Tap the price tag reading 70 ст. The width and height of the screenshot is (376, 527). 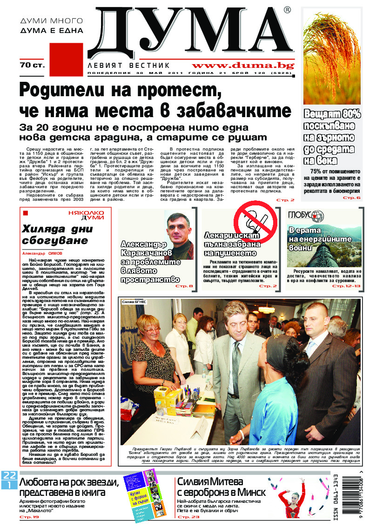32,65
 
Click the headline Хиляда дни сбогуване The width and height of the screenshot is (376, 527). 55,235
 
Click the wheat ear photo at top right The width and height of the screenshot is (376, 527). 332,57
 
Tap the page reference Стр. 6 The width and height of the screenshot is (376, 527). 352,198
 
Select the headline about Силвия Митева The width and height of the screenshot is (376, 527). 222,487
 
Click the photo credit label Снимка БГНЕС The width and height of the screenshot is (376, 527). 134,302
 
